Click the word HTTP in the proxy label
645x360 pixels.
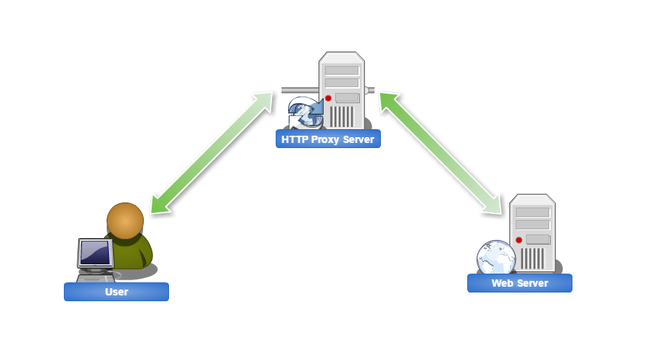coord(295,139)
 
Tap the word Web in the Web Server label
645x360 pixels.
coord(502,283)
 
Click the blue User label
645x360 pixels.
coord(116,292)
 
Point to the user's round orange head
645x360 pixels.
coord(125,221)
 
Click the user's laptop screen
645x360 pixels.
coord(95,253)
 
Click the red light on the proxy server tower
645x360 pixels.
coord(328,98)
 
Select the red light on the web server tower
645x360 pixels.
coord(518,240)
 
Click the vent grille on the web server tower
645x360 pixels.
coord(535,258)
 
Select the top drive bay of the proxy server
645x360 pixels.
coord(342,70)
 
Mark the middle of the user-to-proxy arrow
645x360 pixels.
coord(211,153)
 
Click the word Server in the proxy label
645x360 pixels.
coord(359,139)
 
